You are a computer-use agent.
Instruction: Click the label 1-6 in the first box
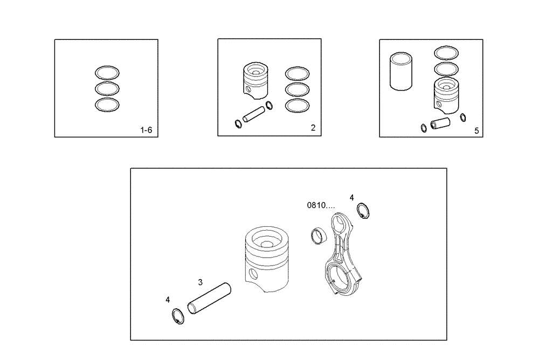(146, 130)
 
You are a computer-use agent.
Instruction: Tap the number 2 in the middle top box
(313, 128)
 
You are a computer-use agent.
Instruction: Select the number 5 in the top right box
(476, 130)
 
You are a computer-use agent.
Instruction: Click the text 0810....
(321, 205)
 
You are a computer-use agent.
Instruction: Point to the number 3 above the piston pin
(201, 282)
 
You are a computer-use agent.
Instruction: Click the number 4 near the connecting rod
(351, 198)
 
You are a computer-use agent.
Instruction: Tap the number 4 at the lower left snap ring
(168, 299)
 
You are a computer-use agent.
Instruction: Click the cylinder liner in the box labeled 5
(399, 72)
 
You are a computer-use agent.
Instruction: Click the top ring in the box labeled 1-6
(107, 72)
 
